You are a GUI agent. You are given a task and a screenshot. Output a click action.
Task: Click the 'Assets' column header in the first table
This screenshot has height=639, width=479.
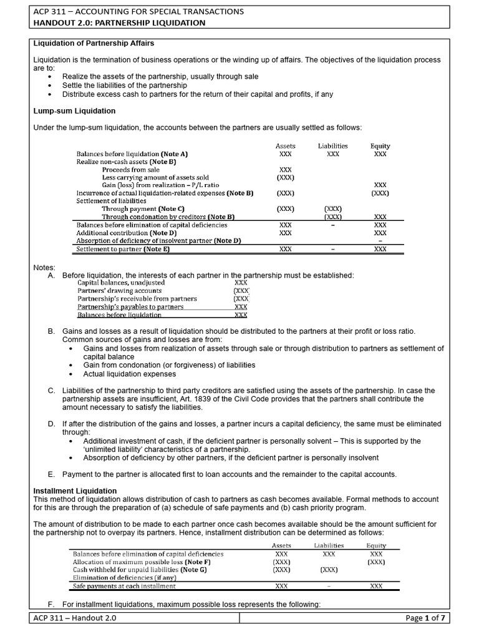(285, 146)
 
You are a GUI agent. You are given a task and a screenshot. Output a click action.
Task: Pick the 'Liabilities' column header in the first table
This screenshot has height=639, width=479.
(332, 146)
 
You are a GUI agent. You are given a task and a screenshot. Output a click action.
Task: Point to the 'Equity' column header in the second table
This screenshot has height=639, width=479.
(376, 545)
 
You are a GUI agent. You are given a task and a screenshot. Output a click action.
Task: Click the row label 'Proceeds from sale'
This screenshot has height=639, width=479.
(131, 170)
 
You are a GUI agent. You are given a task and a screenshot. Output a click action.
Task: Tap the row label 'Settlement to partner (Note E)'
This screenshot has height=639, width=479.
(122, 248)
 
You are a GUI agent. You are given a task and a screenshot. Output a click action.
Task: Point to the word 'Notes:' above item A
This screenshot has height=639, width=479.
(44, 267)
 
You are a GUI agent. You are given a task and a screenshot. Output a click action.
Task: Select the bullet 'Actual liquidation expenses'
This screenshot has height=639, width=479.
(130, 374)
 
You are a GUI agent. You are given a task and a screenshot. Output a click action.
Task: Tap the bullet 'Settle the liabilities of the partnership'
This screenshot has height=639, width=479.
(125, 85)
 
